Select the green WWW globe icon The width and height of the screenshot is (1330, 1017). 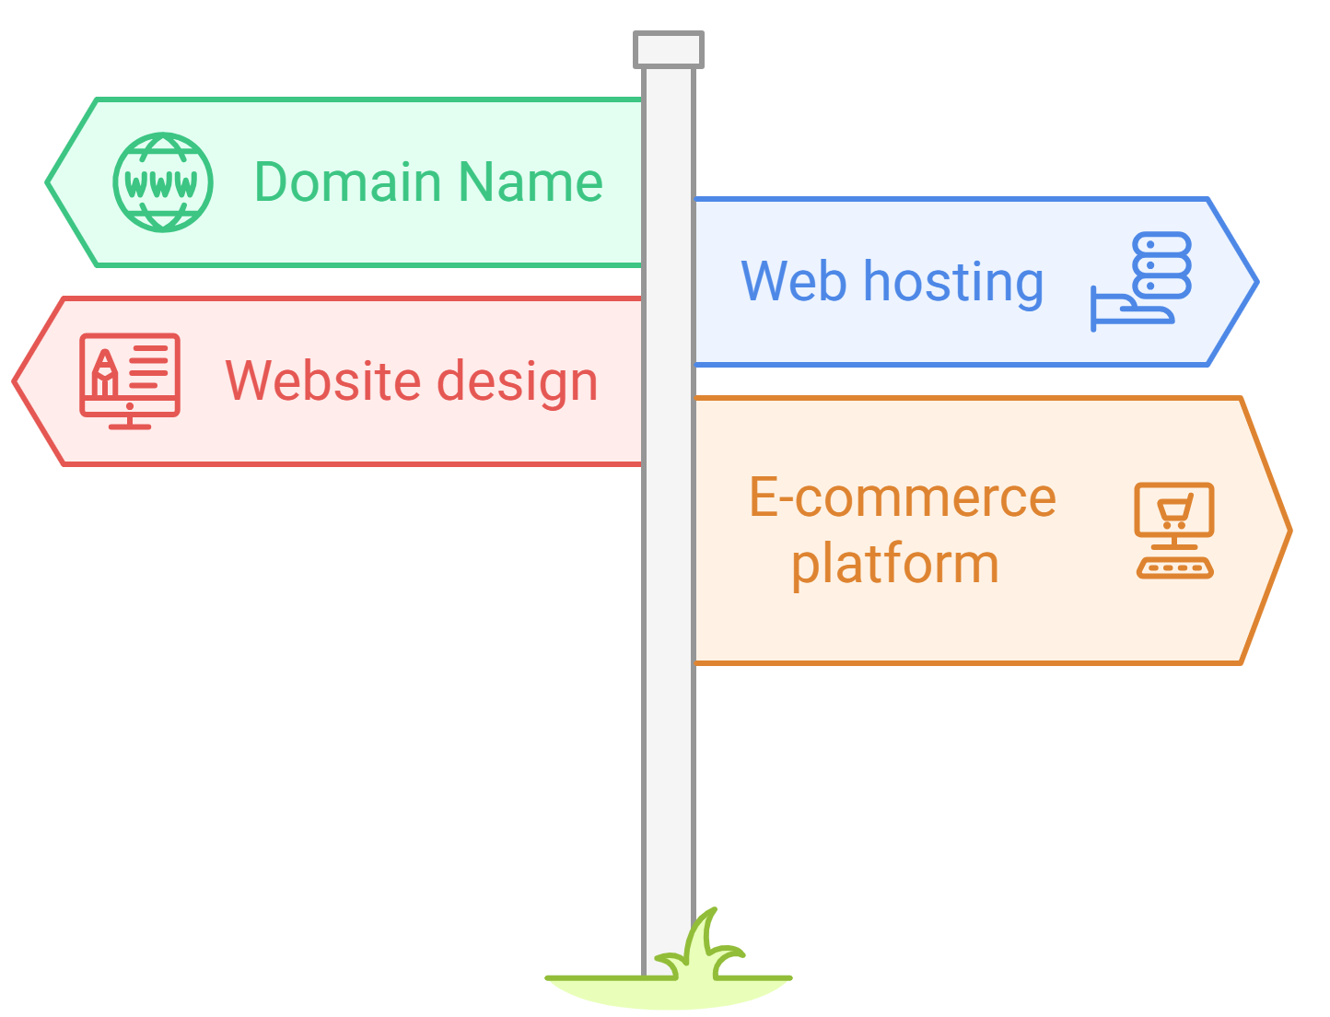pyautogui.click(x=163, y=182)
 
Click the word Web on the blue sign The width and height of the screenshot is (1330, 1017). pyautogui.click(x=793, y=281)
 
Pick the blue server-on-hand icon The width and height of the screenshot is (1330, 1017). pyautogui.click(x=1142, y=281)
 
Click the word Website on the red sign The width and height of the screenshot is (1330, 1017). pyautogui.click(x=321, y=380)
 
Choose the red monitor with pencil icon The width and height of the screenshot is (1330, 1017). pyautogui.click(x=129, y=380)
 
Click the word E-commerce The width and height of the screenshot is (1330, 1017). pyautogui.click(x=902, y=497)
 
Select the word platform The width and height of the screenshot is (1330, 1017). pyautogui.click(x=894, y=564)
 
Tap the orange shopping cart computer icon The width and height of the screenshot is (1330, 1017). pyautogui.click(x=1174, y=530)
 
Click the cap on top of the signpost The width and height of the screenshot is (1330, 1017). pyautogui.click(x=669, y=50)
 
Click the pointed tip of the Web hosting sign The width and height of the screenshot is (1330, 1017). pyautogui.click(x=1254, y=282)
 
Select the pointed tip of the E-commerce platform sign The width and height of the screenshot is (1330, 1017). pyautogui.click(x=1289, y=531)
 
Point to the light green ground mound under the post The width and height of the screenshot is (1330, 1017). pyautogui.click(x=669, y=992)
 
